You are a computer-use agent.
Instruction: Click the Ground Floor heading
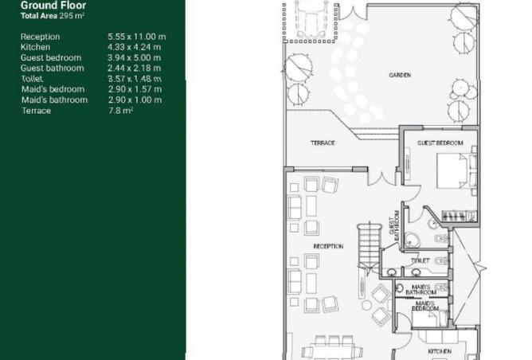(x=53, y=6)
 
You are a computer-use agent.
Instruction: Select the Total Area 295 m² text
(x=53, y=16)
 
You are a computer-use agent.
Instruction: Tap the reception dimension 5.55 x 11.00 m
(x=136, y=37)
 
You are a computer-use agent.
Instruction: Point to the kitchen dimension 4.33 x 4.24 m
(x=134, y=47)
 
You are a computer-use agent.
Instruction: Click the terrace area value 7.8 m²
(x=119, y=111)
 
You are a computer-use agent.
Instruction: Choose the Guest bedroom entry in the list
(x=51, y=58)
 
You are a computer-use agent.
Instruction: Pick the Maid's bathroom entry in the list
(x=54, y=100)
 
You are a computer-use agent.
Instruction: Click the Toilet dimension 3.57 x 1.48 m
(x=135, y=79)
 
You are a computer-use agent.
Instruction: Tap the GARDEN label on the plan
(x=400, y=76)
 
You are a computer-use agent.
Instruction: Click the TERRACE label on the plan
(x=322, y=143)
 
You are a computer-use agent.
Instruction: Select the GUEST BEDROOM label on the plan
(x=440, y=143)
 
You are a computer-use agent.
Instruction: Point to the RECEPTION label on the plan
(x=328, y=247)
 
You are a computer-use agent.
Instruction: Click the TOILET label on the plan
(x=420, y=260)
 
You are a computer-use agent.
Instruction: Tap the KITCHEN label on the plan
(x=440, y=351)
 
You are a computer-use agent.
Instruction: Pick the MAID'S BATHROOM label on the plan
(x=422, y=289)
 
